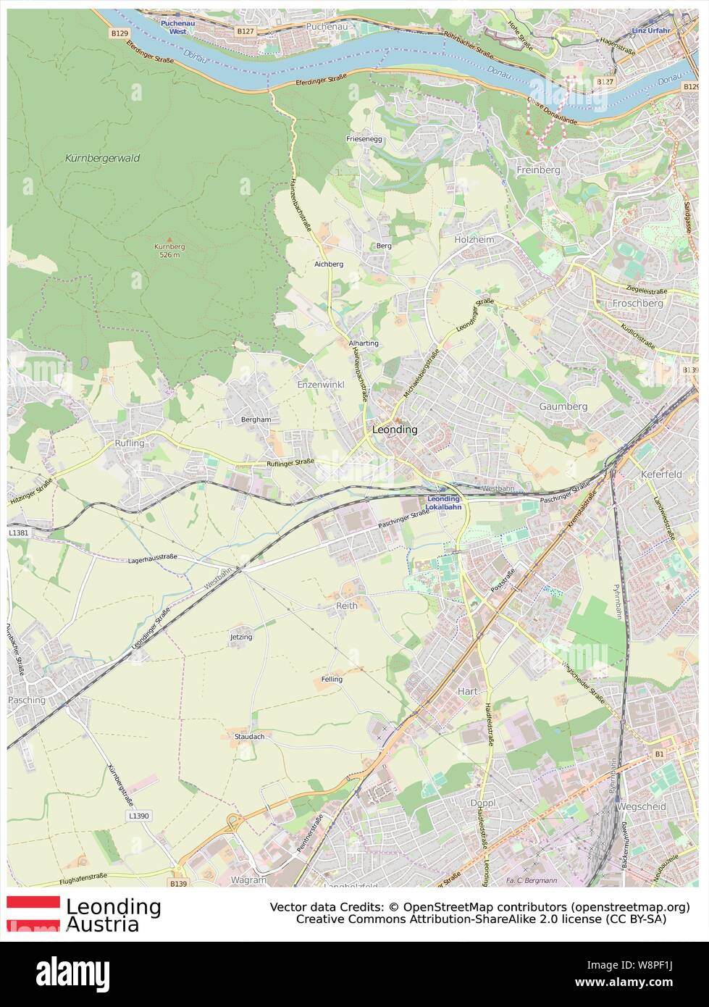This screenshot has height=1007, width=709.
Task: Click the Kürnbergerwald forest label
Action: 102,158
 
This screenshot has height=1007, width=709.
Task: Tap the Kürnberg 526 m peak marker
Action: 169,240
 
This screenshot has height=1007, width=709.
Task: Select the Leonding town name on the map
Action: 394,430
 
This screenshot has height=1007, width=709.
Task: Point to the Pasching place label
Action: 26,701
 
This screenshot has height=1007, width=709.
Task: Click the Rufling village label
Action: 130,443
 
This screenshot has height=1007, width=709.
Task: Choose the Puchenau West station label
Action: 173,28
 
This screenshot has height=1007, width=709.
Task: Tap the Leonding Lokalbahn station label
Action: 443,503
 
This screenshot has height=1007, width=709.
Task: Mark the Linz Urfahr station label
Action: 650,31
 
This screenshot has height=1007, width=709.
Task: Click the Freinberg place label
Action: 538,170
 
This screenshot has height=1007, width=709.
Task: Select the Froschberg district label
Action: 637,304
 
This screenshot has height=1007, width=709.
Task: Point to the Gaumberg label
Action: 563,407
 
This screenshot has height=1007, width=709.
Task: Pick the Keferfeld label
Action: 661,475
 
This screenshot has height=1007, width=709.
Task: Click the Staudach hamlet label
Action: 249,737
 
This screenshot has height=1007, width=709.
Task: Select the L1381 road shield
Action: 19,533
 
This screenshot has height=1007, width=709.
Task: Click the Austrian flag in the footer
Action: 33,914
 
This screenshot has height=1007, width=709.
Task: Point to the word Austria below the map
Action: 102,924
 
